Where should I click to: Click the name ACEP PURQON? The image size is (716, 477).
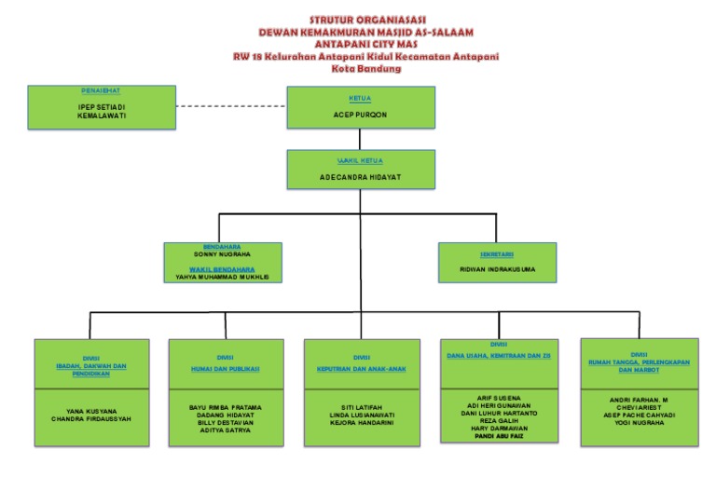(360, 115)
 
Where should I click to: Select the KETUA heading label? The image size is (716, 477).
(360, 97)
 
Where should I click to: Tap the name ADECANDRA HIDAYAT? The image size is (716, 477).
(359, 176)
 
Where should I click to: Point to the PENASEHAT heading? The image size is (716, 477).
(101, 90)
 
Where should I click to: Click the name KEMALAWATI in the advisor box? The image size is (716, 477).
(101, 116)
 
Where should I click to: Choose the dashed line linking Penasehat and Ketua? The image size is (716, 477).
(231, 106)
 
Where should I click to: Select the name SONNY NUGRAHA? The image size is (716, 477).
(222, 253)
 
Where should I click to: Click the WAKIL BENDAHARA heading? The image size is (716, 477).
(222, 268)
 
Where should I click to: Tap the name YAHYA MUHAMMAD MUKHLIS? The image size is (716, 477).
(222, 277)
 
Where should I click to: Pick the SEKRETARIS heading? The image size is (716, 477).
(497, 253)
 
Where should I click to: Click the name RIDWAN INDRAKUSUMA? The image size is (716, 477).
(497, 269)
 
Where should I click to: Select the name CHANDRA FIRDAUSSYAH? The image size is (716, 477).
(91, 418)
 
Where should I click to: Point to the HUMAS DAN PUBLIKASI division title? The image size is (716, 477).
(225, 368)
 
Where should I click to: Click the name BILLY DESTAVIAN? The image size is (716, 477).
(225, 421)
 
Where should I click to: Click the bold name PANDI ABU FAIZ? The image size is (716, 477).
(498, 435)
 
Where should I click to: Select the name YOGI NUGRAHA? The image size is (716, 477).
(638, 421)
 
